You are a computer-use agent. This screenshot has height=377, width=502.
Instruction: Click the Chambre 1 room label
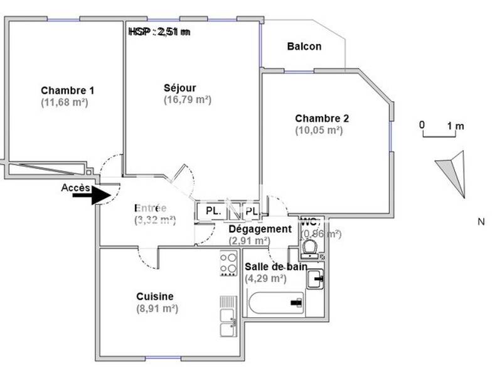click(67, 90)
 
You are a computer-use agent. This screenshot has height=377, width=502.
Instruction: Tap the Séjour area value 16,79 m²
click(187, 99)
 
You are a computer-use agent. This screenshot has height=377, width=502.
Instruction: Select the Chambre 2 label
click(322, 118)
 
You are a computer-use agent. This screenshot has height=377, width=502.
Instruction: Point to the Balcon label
click(304, 46)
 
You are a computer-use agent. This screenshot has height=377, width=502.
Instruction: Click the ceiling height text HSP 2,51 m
click(159, 31)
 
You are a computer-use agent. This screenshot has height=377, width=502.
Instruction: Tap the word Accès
click(75, 187)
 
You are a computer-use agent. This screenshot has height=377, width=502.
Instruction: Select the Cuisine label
click(155, 297)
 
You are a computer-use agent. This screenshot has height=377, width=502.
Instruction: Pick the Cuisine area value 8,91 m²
click(157, 309)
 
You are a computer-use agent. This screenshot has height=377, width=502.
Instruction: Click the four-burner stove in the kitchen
click(228, 264)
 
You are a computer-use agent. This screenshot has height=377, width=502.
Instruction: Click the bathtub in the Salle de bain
click(276, 304)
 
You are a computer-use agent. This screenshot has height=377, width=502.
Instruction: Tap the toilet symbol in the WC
click(309, 248)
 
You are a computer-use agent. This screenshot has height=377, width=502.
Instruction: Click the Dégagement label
click(260, 229)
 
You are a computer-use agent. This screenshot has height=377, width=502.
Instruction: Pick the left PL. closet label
click(213, 212)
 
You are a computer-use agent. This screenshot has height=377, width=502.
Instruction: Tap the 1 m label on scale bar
click(456, 126)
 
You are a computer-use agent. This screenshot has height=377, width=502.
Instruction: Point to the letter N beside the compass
click(481, 221)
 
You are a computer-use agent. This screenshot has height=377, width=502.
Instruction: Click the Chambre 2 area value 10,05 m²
click(319, 130)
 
